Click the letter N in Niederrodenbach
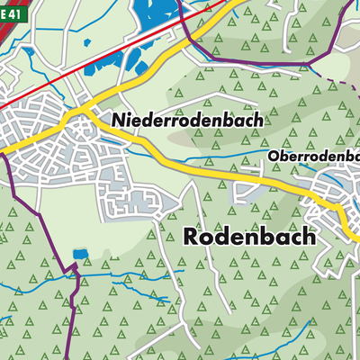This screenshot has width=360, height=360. tap(119, 119)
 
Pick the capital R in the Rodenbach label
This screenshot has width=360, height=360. tap(193, 237)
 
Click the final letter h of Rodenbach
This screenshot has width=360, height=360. tap(310, 237)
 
